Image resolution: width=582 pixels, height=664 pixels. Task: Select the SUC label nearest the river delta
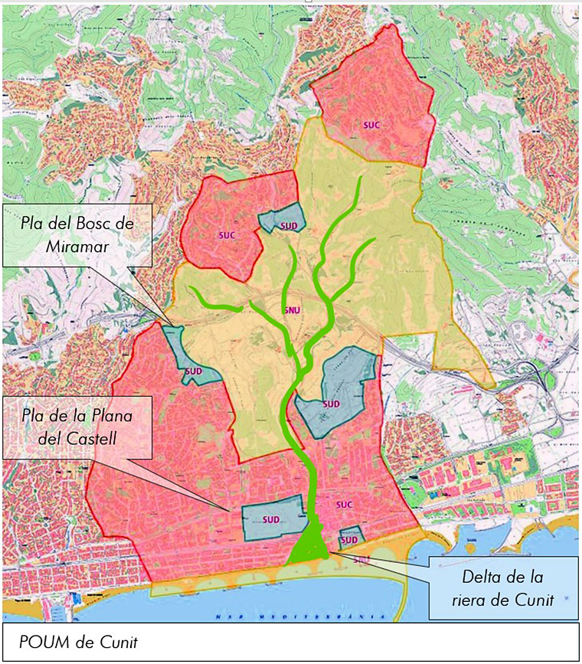(343, 505)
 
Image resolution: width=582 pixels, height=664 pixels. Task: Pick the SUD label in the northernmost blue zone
(288, 225)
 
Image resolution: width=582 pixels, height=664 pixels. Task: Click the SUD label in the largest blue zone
(331, 404)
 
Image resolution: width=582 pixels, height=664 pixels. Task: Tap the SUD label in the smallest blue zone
(349, 540)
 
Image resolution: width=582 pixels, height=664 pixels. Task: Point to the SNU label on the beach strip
(362, 559)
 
